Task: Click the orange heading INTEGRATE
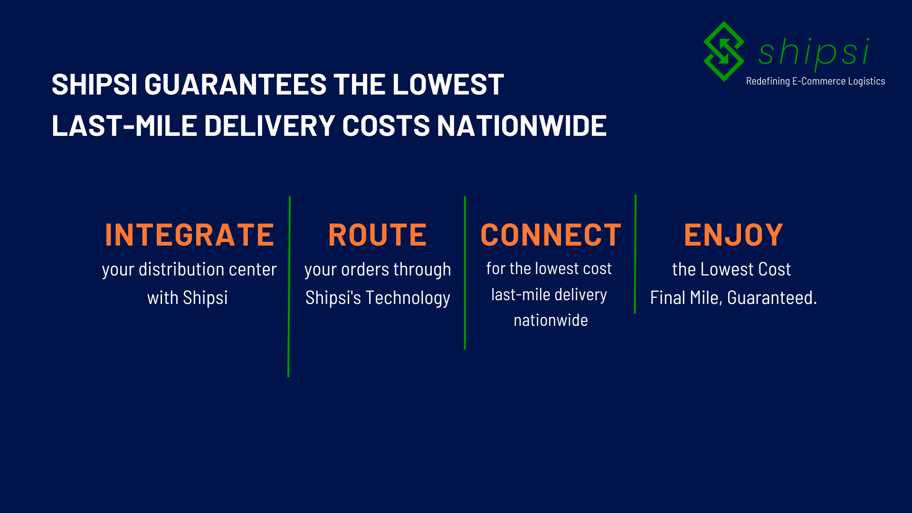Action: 190,235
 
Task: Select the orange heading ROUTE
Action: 378,235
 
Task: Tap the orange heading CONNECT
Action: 551,235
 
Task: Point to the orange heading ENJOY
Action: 733,235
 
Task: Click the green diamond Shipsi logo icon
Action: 723,51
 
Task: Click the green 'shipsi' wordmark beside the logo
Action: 814,52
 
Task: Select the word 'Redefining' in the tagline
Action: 768,81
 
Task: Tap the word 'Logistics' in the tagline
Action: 866,81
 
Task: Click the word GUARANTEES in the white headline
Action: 235,85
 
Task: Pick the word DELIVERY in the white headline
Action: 269,126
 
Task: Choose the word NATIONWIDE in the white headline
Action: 522,126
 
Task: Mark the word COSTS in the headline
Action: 386,126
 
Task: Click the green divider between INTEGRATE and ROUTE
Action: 289,285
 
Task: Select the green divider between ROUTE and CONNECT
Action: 465,273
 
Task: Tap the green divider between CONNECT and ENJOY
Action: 635,254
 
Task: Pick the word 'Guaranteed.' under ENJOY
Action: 772,298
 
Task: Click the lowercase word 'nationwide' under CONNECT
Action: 551,320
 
